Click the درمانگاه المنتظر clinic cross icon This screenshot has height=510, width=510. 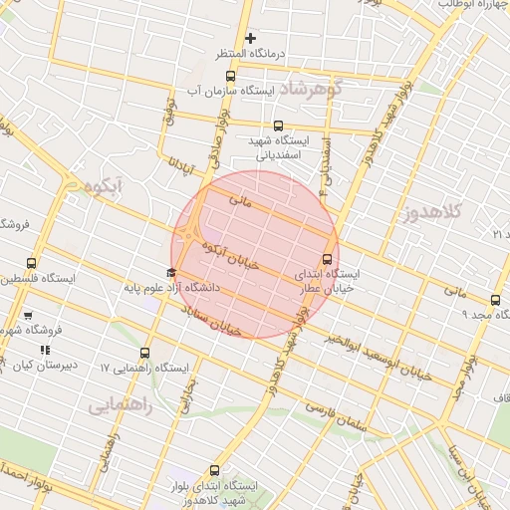[x=251, y=38]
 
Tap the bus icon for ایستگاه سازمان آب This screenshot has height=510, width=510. [x=231, y=76]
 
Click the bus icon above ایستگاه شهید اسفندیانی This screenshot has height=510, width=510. [x=278, y=127]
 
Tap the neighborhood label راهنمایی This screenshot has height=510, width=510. [x=120, y=406]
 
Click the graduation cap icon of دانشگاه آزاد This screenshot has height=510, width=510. [x=171, y=272]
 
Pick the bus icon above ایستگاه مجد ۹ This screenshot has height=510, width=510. [x=495, y=300]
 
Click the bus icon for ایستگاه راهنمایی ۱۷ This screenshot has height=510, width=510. [x=145, y=353]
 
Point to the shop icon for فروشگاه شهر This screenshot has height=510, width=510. [x=28, y=316]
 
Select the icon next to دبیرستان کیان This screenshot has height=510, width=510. [x=44, y=350]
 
